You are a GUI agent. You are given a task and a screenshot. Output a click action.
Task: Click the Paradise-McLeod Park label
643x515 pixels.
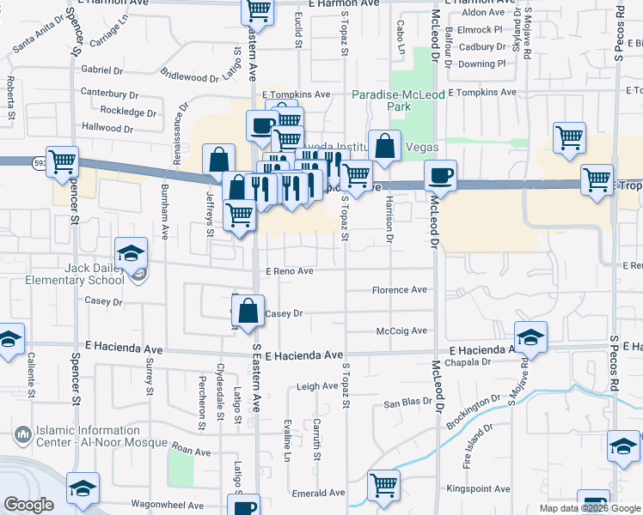399,100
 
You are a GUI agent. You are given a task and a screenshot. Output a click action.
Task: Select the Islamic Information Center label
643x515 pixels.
88,436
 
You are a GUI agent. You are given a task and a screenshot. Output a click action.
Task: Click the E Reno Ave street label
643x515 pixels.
289,271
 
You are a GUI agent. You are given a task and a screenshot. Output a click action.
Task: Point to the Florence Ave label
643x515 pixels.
400,290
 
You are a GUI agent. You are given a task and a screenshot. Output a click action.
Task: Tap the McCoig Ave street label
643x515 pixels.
401,331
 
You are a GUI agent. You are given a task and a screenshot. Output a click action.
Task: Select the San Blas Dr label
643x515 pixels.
407,403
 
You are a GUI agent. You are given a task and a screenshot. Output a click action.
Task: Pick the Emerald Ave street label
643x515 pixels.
321,494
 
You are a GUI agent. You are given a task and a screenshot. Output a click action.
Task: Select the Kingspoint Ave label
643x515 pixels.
475,488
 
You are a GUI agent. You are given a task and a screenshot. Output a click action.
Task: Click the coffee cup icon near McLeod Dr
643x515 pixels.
440,175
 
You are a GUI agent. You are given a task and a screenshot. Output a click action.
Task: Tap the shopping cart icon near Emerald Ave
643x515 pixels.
383,484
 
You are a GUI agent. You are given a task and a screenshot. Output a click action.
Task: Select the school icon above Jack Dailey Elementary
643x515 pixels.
132,252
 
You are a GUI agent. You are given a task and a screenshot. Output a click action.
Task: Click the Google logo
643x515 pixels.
28,506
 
